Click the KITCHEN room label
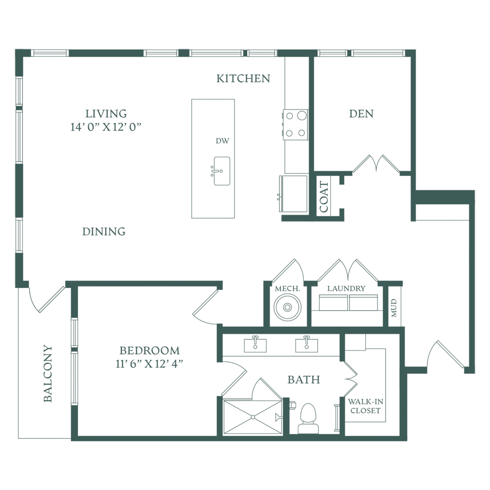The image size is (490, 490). point(243,78)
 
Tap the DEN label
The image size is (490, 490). point(362,114)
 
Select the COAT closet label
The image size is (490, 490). point(324,197)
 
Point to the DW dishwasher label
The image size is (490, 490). point(223,141)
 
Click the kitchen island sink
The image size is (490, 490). point(222,171)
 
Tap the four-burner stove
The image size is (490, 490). point(295,124)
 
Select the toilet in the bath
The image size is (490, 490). point(308,419)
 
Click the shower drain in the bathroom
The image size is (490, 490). point(253,417)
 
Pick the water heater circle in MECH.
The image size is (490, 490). point(287,308)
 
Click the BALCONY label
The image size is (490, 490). point(47,373)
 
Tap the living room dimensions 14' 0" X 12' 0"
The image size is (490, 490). point(106,127)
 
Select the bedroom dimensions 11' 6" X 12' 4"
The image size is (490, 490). point(149,364)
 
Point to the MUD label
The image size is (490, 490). point(394,308)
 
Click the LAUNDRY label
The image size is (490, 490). point(346,289)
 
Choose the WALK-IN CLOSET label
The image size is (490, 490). point(366,406)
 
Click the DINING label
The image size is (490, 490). point(104,231)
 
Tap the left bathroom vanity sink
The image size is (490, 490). point(255,345)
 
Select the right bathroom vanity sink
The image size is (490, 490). point(307,345)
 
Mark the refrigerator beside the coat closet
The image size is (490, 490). point(293,194)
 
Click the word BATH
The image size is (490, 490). point(304,379)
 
